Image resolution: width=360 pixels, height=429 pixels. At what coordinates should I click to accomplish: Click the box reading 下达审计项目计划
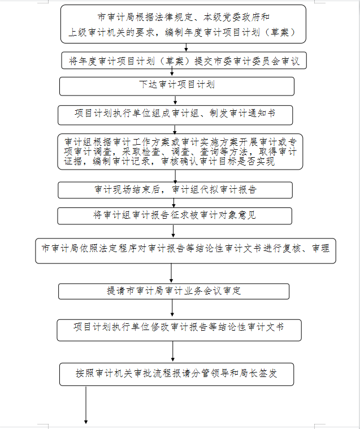click(x=177, y=86)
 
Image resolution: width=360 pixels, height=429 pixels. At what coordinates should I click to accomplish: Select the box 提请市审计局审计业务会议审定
click(x=174, y=291)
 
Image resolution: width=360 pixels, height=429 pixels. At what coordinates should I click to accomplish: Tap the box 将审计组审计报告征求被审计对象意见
click(x=175, y=216)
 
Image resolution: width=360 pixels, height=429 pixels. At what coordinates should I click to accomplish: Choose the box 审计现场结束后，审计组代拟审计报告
click(x=175, y=190)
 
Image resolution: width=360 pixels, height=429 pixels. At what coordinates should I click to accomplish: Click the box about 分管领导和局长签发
click(x=177, y=374)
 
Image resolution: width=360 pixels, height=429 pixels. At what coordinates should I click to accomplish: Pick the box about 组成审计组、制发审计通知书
click(x=175, y=115)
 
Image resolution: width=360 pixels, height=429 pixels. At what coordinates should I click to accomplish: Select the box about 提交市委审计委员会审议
click(x=184, y=60)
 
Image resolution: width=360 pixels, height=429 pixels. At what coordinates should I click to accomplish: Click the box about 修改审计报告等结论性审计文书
click(x=179, y=330)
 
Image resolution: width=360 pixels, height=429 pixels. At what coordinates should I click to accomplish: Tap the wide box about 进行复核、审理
click(x=185, y=251)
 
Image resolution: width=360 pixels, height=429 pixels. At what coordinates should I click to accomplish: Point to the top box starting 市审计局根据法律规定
click(x=183, y=24)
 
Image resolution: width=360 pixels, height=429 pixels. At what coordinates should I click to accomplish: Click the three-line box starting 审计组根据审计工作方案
click(x=180, y=151)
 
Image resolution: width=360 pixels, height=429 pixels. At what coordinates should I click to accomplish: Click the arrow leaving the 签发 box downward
click(x=86, y=405)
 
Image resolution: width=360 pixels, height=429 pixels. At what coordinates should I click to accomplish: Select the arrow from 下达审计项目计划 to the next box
click(x=175, y=101)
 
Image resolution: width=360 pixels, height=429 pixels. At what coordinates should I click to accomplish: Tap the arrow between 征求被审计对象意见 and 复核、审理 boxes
click(x=173, y=231)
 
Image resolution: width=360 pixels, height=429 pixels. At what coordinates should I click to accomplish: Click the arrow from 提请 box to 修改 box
click(x=172, y=308)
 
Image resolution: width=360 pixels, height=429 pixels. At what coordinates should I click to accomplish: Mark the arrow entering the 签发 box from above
click(x=172, y=352)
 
